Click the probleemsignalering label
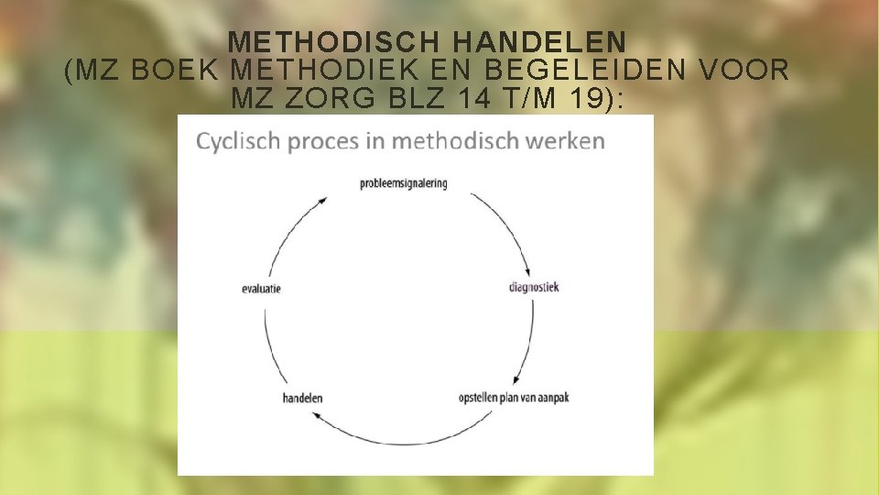tap(403, 183)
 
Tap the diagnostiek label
tap(533, 287)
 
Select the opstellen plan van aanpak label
tap(514, 398)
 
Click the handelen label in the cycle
tap(302, 398)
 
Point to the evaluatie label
tap(261, 288)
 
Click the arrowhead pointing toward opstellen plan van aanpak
tap(519, 379)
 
